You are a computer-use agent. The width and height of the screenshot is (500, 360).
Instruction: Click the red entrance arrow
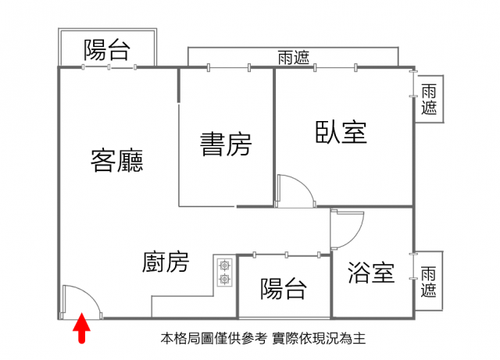point(81,327)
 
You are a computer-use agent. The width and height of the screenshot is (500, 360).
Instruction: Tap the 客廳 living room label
point(116,160)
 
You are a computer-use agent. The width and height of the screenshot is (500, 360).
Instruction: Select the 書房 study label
point(226,144)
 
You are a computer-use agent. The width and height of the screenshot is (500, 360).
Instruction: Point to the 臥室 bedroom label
point(341,132)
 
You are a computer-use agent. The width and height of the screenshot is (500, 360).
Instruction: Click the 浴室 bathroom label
point(371,273)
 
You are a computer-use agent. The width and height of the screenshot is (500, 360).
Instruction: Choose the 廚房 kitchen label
point(166,262)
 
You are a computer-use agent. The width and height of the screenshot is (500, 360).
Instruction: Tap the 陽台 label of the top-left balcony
point(107,50)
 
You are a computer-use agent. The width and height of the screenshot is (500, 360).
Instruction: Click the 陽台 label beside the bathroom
point(284,289)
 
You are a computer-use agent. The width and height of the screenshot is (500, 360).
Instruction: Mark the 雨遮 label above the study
point(294,57)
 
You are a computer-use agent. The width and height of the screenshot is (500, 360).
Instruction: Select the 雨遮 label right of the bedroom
point(429,99)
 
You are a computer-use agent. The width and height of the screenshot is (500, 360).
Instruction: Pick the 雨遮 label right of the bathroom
point(428,282)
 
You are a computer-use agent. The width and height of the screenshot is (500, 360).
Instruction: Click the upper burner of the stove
point(225,265)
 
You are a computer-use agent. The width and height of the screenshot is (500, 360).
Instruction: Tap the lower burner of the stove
point(225,280)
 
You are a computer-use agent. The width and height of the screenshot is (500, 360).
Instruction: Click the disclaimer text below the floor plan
point(263,338)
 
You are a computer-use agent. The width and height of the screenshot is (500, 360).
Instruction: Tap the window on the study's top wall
point(229,67)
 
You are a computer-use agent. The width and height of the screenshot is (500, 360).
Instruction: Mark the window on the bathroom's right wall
point(413,266)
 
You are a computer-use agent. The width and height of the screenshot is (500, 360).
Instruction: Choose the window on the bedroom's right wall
point(413,84)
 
